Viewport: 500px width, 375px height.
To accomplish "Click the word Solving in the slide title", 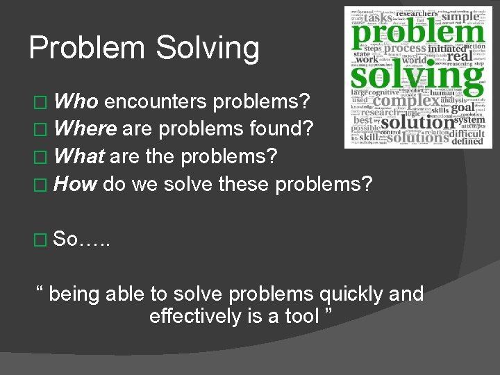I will [x=208, y=49].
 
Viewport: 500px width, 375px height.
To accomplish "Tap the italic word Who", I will [x=76, y=103].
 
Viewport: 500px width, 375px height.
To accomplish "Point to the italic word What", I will [x=79, y=156].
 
